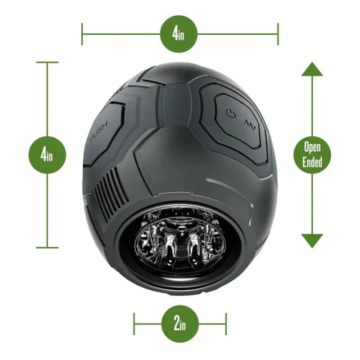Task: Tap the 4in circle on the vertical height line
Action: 47,155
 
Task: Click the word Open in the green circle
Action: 312,147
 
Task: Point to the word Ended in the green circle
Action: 312,162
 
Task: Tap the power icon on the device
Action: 230,112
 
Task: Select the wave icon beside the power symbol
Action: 250,122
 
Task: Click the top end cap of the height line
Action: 47,62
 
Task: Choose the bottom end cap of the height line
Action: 47,247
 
